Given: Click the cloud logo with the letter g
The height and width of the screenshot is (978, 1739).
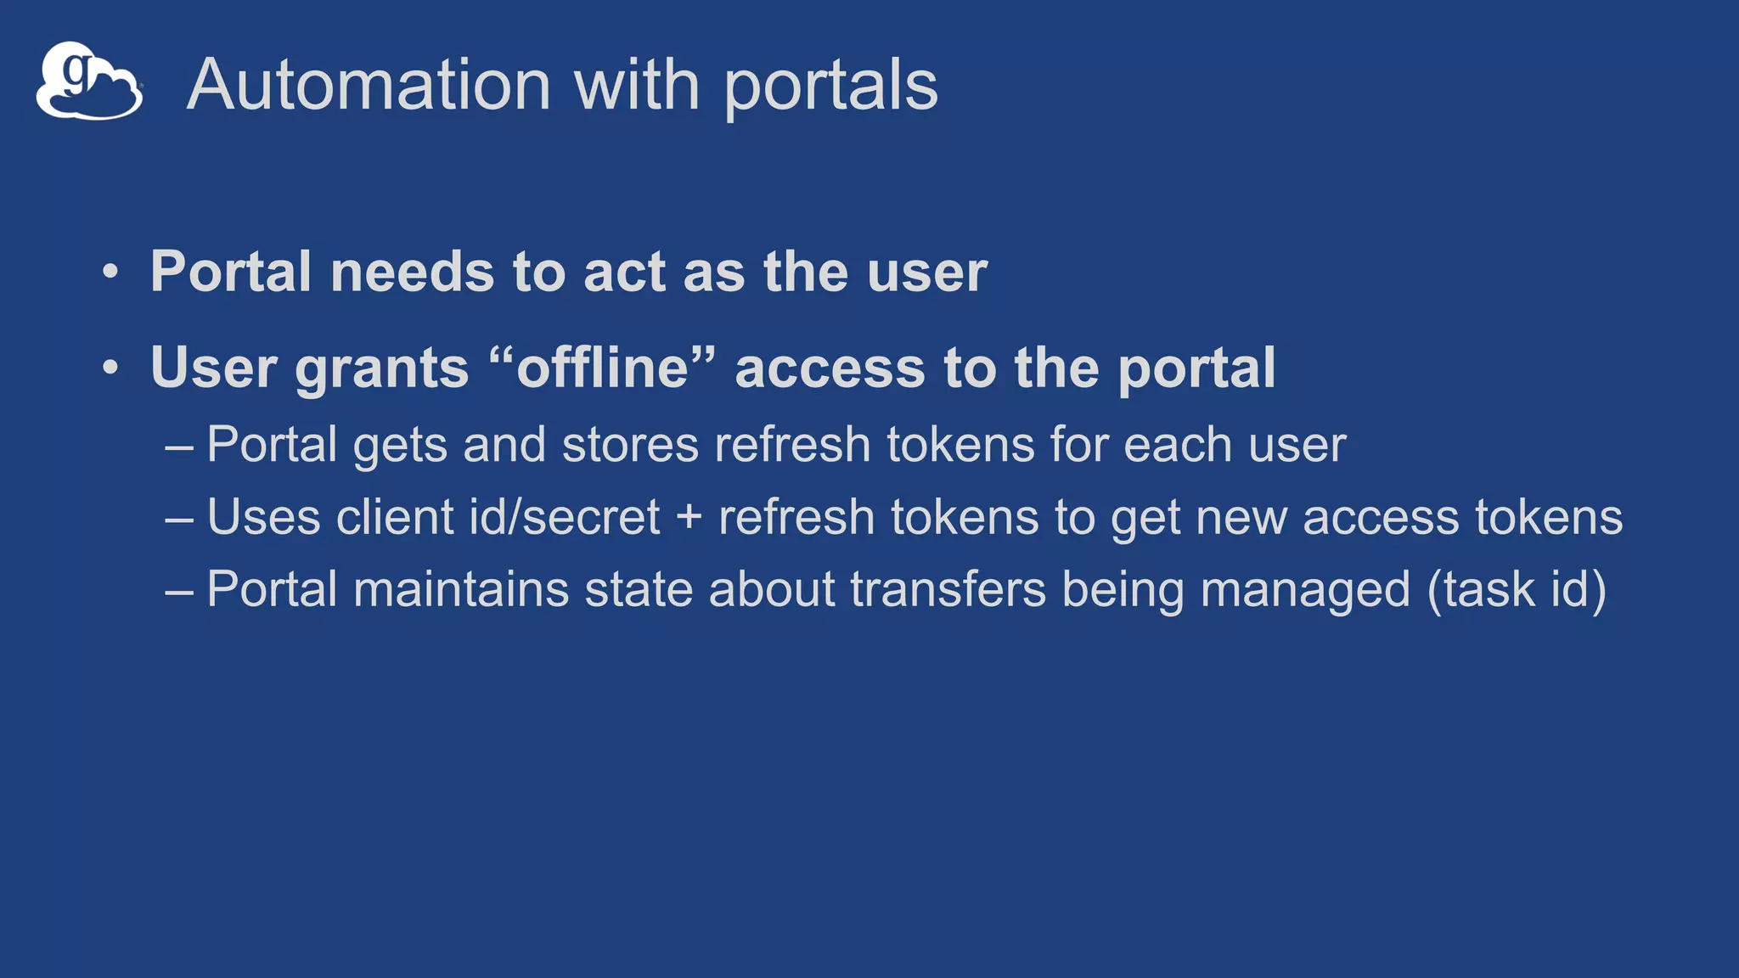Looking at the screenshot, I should pyautogui.click(x=89, y=81).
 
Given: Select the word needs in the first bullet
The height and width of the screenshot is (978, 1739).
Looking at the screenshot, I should pyautogui.click(x=412, y=273).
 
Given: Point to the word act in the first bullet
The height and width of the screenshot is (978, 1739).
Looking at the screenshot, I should pyautogui.click(x=625, y=273).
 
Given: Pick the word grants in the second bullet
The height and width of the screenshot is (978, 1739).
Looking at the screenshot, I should pyautogui.click(x=381, y=370).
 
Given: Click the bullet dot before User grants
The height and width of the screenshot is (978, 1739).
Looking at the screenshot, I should pyautogui.click(x=110, y=368).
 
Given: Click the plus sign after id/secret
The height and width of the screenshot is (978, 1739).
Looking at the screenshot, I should pyautogui.click(x=689, y=518).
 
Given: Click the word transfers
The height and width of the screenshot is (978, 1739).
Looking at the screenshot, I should pyautogui.click(x=948, y=589).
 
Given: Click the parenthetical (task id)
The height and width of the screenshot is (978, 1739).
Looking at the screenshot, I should pyautogui.click(x=1517, y=590).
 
